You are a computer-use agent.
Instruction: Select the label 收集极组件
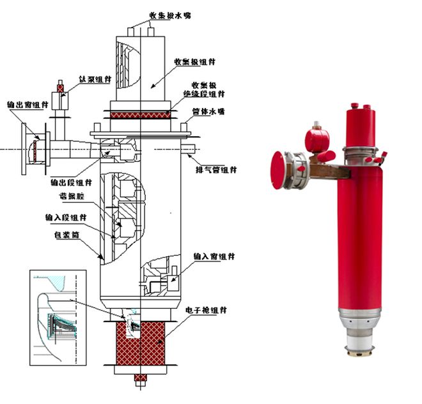pos(194,62)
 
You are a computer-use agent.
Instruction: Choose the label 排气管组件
pos(217,170)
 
